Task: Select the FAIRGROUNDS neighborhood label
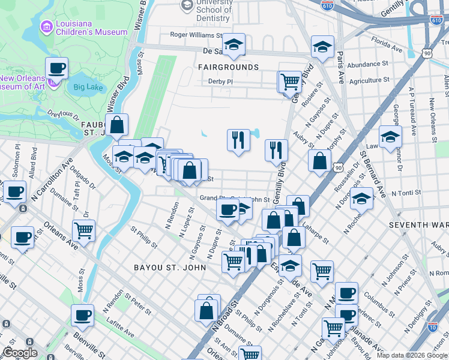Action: tap(228, 67)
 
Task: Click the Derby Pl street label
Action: tap(220, 82)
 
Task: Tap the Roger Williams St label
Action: tap(196, 35)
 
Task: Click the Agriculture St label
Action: tap(374, 80)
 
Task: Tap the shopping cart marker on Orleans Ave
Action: tap(83, 230)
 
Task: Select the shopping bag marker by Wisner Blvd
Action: tap(118, 125)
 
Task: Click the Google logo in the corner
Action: tap(20, 353)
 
